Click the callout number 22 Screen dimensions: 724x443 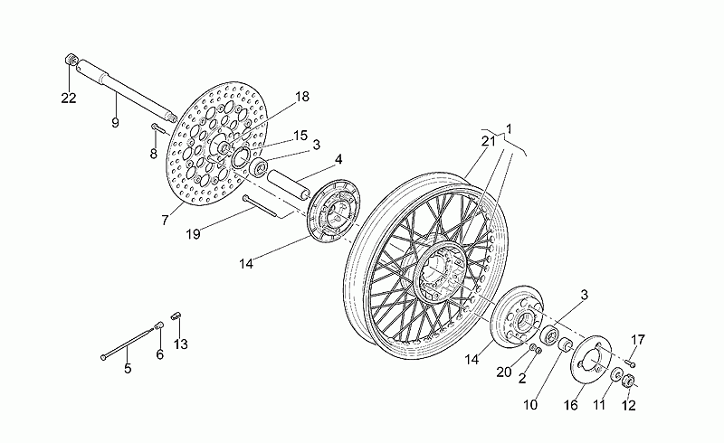[x=69, y=98]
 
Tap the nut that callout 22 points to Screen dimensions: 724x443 [x=71, y=60]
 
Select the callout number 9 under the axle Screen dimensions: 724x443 [x=115, y=122]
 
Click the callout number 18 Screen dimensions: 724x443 [x=302, y=97]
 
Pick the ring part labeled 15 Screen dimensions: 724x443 [x=241, y=158]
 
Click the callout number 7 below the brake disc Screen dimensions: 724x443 [x=165, y=221]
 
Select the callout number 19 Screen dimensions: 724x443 [x=193, y=234]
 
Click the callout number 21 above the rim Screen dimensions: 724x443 [x=488, y=141]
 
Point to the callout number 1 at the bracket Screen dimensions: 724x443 [x=509, y=128]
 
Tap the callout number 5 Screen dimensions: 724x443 [x=128, y=368]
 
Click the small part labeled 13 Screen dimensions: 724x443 [x=176, y=316]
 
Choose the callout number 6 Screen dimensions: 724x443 [x=160, y=354]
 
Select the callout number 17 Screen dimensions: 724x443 [x=638, y=340]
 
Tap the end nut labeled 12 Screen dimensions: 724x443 [x=628, y=382]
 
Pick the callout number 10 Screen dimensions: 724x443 [x=530, y=405]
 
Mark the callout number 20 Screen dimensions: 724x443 [x=504, y=372]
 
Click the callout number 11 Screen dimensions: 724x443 [x=599, y=405]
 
